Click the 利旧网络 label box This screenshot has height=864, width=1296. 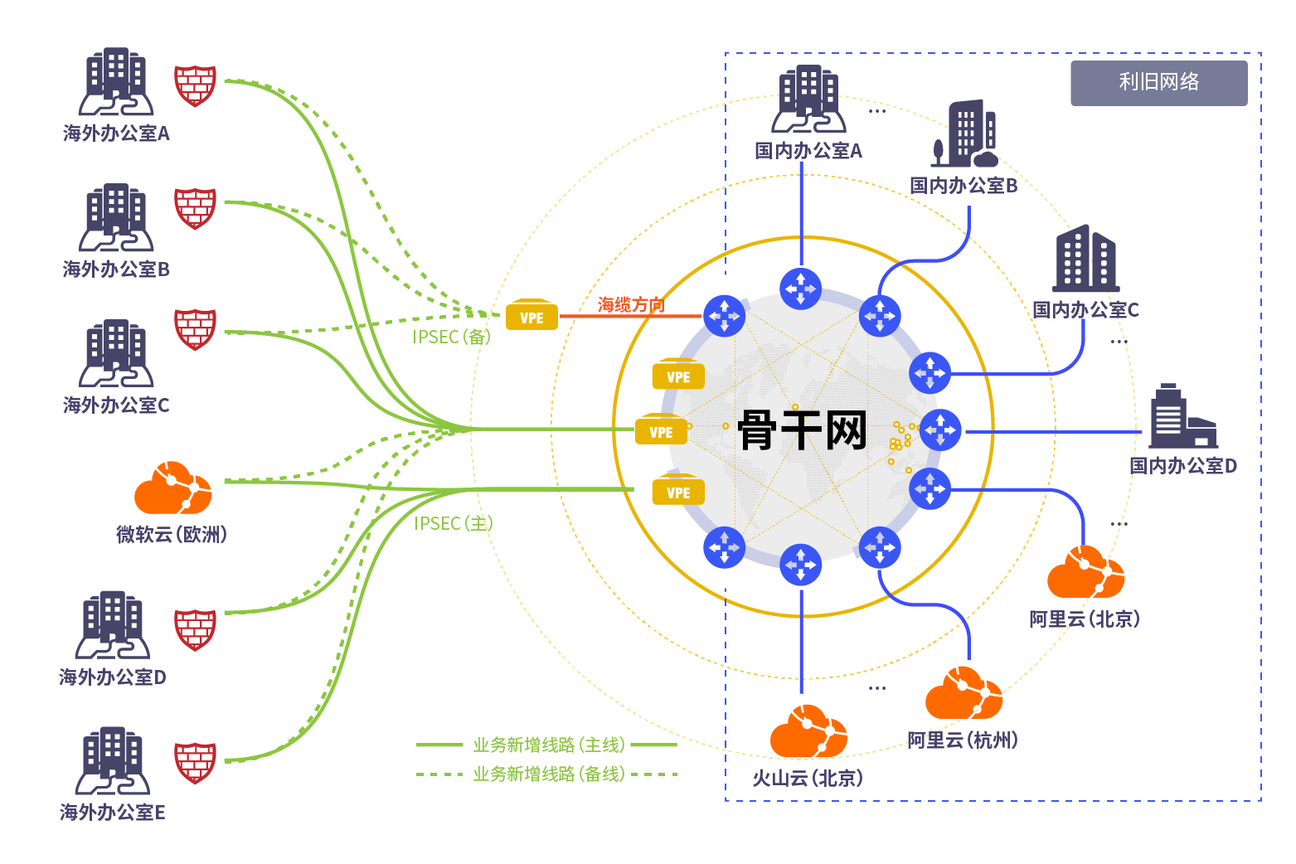pyautogui.click(x=1159, y=83)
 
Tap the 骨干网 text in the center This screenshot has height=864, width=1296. pyautogui.click(x=803, y=430)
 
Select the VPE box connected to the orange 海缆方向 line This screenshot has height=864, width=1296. pyautogui.click(x=532, y=315)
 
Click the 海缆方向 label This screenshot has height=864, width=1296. pyautogui.click(x=631, y=304)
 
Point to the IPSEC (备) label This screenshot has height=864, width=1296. pyautogui.click(x=452, y=337)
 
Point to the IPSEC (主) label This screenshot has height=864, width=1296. pyautogui.click(x=454, y=524)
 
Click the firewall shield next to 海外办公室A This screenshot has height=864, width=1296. pyautogui.click(x=196, y=85)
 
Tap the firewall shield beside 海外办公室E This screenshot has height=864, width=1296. pyautogui.click(x=196, y=763)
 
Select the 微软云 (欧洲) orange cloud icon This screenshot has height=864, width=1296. pyautogui.click(x=173, y=488)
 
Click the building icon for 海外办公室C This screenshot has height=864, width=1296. pyautogui.click(x=116, y=353)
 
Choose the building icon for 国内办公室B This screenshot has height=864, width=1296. pyautogui.click(x=964, y=133)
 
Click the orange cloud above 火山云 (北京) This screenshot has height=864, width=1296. pyautogui.click(x=808, y=731)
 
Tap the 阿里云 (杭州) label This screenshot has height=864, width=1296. pyautogui.click(x=963, y=740)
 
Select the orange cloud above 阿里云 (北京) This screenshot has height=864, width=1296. pyautogui.click(x=1086, y=571)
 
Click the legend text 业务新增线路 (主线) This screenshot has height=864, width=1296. pyautogui.click(x=549, y=745)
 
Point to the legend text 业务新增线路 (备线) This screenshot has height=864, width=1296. pyautogui.click(x=549, y=774)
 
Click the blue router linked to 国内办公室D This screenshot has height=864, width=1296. pyautogui.click(x=940, y=430)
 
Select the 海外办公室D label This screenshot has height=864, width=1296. pyautogui.click(x=113, y=677)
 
